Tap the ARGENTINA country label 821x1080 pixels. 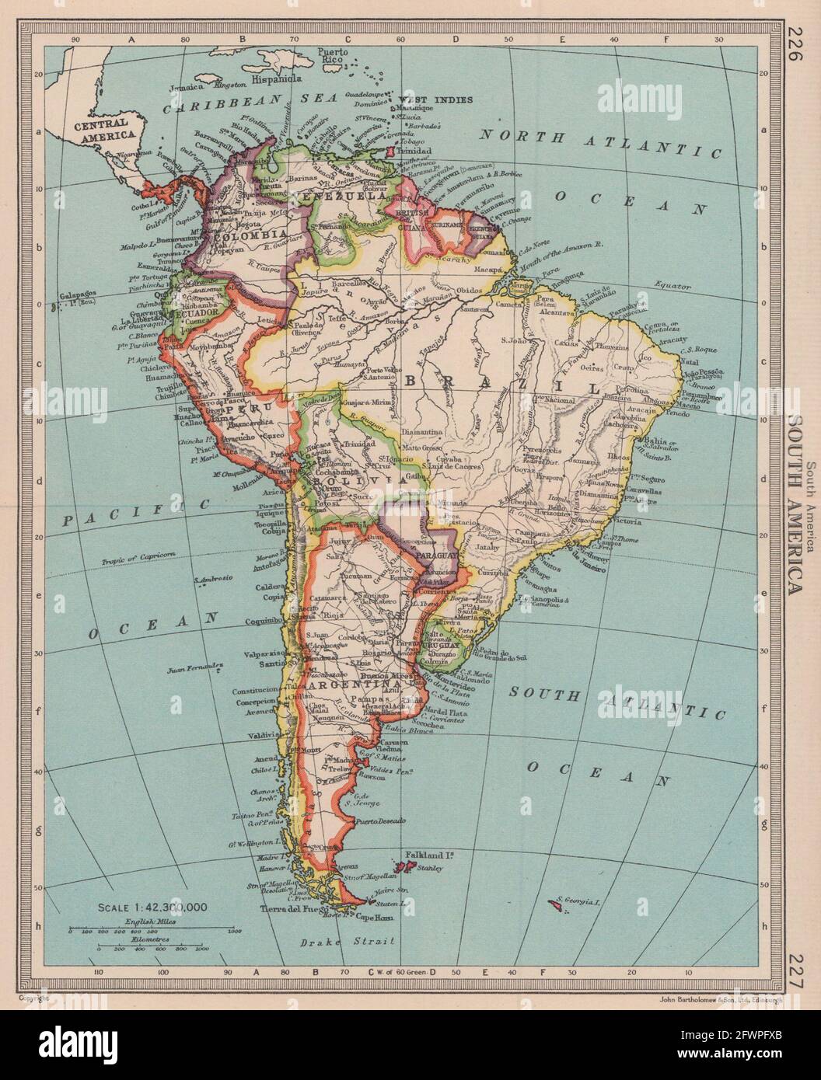click(x=347, y=686)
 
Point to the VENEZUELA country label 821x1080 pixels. click(x=352, y=197)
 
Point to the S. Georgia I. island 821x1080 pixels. click(x=556, y=903)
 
